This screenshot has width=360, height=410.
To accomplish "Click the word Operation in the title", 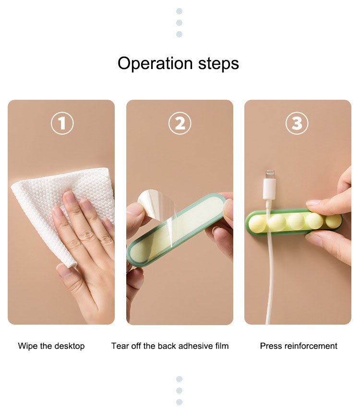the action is [x=155, y=64].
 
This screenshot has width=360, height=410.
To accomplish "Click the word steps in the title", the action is [x=218, y=64].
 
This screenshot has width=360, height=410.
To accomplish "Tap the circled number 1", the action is [x=62, y=123].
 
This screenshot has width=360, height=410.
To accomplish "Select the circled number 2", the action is [x=180, y=123].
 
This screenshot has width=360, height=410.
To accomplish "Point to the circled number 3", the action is [x=297, y=123].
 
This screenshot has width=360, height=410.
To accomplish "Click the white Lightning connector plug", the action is [x=269, y=189].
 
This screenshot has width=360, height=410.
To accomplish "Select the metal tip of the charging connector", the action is [x=270, y=174].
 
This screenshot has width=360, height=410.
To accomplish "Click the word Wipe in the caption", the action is [x=28, y=346].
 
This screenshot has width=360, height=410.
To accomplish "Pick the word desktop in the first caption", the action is [x=70, y=346].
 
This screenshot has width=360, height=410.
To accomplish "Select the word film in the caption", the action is [x=222, y=346].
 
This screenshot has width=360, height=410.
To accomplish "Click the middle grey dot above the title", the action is [x=180, y=23].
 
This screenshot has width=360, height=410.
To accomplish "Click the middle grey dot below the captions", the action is [x=180, y=390].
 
